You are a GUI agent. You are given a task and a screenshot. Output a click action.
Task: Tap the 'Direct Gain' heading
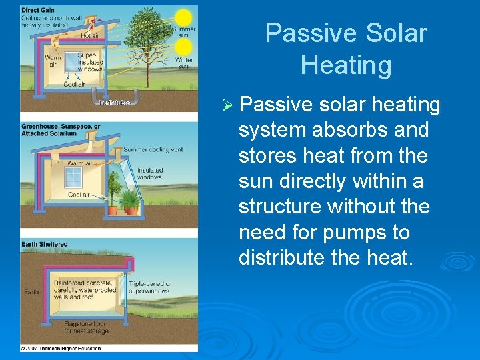39,10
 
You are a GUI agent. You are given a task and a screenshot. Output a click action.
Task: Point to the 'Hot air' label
91,35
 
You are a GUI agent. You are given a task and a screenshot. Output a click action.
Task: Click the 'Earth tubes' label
115,103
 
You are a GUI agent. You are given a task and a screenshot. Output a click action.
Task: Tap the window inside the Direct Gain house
71,62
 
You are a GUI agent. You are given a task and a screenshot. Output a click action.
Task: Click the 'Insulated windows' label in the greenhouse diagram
150,174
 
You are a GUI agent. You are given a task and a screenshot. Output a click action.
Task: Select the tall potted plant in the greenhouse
131,199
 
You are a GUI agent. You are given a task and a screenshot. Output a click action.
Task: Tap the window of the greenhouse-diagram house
73,176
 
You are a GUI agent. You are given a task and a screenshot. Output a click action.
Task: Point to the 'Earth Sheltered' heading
44,245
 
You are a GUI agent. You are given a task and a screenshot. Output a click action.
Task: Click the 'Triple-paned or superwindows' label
150,287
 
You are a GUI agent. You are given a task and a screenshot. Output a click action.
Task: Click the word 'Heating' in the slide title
345,65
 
